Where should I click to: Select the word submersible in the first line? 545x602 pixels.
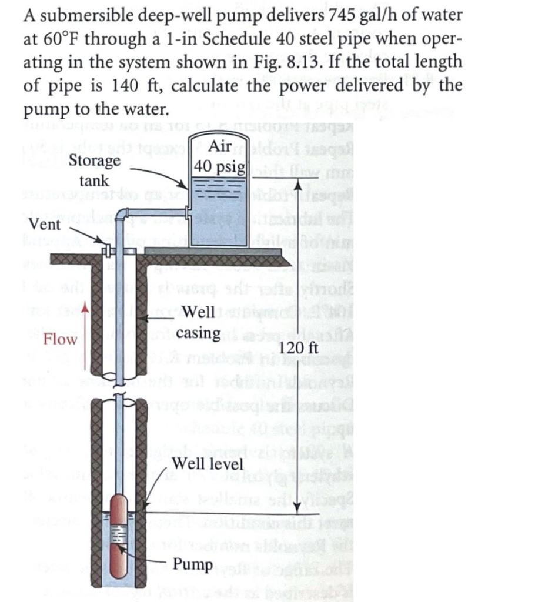[85, 15]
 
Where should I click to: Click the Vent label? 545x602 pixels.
[45, 225]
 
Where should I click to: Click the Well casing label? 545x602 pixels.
[198, 322]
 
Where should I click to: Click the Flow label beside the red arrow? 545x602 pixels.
[61, 339]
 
